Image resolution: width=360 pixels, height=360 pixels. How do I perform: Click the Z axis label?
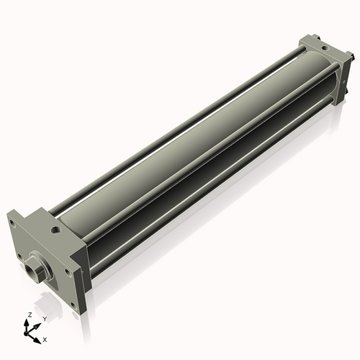30,315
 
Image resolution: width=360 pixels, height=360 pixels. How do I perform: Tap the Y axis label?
44,319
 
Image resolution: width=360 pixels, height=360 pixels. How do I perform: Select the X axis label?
45,340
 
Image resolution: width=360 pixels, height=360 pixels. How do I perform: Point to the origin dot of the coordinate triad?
26,333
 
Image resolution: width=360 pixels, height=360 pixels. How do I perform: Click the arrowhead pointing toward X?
37,341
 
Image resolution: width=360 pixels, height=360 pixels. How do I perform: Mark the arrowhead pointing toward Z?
26,323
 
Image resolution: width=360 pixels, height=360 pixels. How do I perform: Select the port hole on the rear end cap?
325,48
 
